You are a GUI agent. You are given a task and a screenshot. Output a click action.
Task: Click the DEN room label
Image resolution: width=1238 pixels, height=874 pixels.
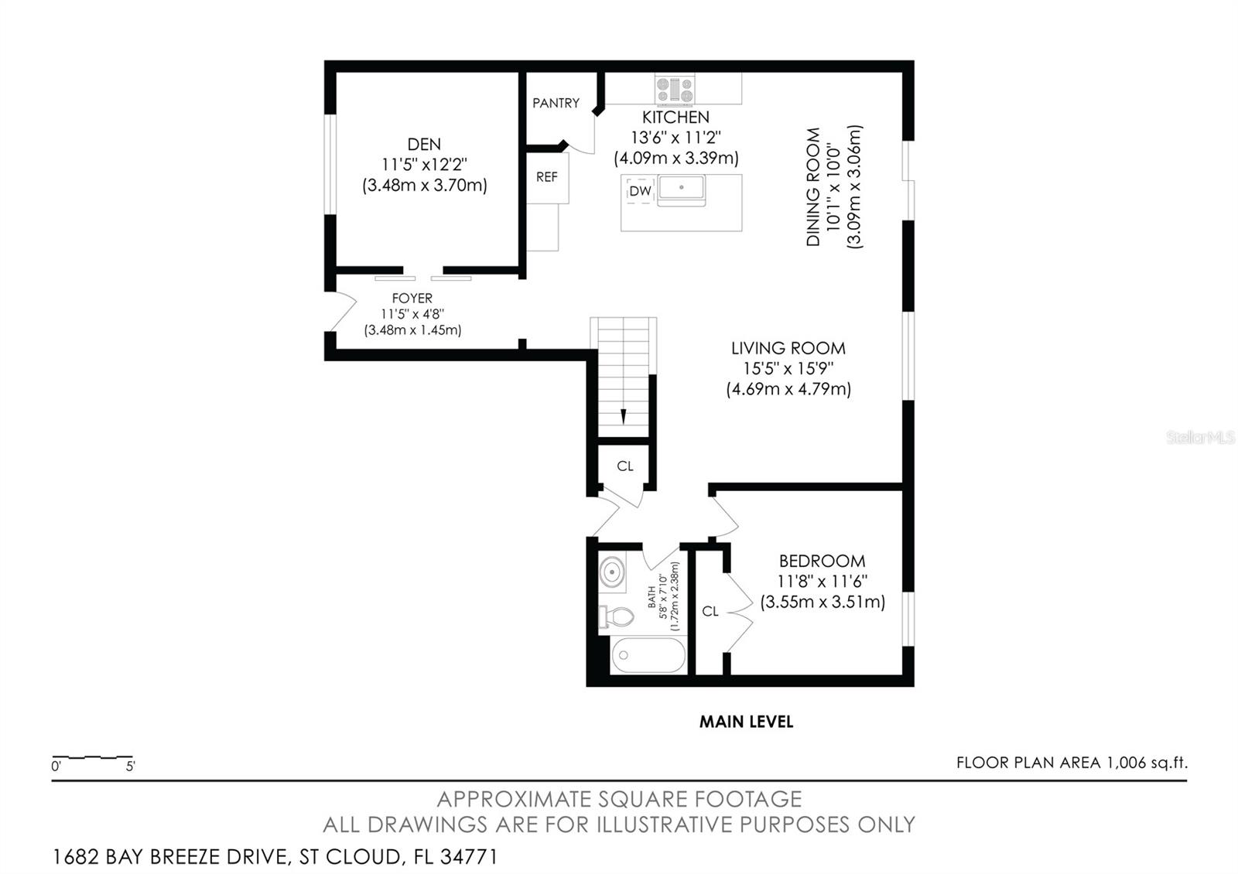424,144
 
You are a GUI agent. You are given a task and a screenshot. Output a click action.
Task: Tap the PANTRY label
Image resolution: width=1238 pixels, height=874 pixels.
556,103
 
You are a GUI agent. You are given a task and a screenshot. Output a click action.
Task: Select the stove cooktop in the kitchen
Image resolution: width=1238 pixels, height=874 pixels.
674,90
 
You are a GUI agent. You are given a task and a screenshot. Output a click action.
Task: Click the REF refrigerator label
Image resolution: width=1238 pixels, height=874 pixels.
546,177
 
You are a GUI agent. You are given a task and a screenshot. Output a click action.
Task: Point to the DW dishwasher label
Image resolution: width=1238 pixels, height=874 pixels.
640,191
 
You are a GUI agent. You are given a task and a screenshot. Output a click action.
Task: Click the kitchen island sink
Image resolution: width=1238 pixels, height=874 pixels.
682,188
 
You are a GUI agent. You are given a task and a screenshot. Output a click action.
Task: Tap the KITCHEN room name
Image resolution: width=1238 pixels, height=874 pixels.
675,117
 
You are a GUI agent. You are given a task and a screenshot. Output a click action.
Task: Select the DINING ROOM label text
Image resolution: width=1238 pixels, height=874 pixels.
813,186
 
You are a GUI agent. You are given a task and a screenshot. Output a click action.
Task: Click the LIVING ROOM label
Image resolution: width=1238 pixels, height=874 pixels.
788,348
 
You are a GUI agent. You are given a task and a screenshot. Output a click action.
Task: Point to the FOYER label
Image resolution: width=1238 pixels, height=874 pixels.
412,299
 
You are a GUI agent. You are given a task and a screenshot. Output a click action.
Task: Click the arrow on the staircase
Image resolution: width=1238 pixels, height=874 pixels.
624,415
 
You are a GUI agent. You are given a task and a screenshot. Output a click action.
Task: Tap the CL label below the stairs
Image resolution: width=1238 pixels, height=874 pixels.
625,466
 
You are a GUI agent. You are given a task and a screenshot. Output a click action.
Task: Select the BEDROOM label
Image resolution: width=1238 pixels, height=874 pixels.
822,561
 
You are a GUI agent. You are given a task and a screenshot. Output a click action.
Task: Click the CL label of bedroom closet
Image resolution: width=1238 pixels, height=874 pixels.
710,611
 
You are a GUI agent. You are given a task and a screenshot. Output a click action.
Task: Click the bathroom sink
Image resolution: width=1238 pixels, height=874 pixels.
612,572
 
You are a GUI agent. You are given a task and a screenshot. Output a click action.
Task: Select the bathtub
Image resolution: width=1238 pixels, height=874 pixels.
648,655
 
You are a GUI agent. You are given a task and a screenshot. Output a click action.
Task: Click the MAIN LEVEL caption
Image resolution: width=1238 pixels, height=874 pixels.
746,722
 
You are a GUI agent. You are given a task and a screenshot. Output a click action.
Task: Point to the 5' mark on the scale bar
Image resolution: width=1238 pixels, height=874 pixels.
131,766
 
